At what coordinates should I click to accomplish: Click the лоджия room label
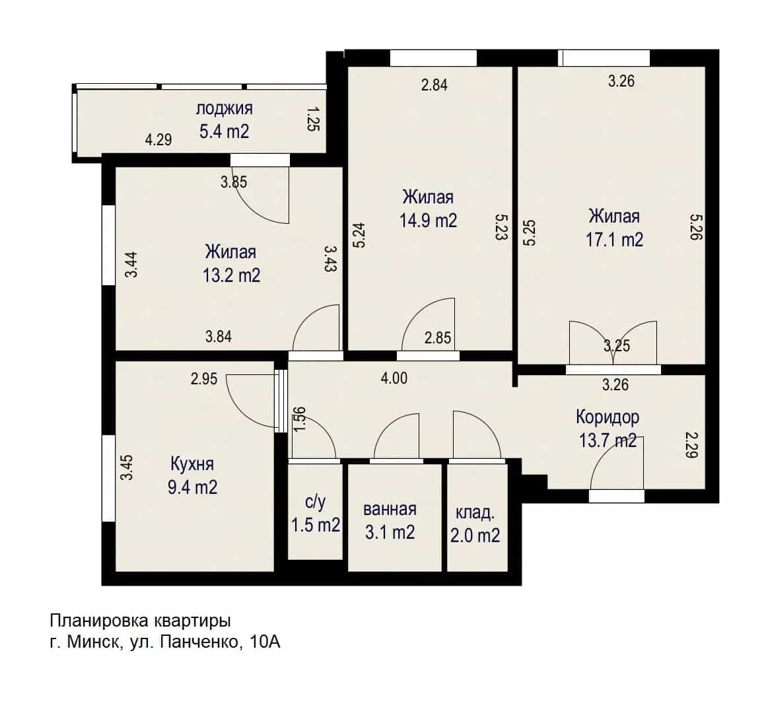click(224, 108)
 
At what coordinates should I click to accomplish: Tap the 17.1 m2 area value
click(614, 240)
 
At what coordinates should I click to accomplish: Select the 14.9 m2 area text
click(429, 221)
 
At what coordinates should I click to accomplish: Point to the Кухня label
click(192, 464)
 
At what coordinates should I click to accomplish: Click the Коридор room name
click(608, 417)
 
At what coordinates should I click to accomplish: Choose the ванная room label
click(390, 509)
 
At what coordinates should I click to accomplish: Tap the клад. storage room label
click(475, 512)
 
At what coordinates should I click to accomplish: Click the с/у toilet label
click(315, 501)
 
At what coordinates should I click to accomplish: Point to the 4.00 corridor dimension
click(394, 378)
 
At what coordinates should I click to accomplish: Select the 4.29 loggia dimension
click(158, 140)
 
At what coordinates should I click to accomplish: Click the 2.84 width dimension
click(434, 85)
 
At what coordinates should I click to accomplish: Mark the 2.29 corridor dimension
click(691, 445)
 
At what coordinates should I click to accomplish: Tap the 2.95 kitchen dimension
click(204, 378)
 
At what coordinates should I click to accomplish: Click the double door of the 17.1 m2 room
click(613, 343)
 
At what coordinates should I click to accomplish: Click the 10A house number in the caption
click(265, 642)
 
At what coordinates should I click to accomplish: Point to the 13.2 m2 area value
click(231, 276)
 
